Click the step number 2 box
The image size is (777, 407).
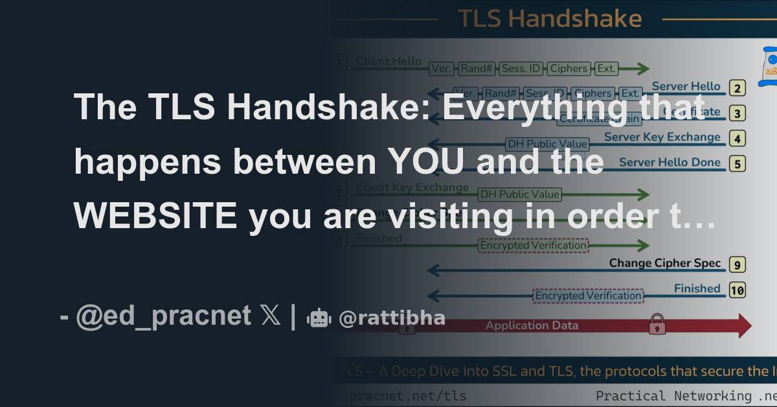737,89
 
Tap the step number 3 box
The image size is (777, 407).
737,113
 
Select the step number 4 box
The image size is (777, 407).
737,138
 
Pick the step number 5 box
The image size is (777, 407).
737,163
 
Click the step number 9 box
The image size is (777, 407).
737,264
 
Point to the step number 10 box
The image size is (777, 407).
737,290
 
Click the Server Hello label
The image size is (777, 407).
686,86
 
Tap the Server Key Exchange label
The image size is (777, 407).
662,137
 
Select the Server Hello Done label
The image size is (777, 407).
670,162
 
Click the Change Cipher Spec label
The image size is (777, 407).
664,263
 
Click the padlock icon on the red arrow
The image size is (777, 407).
657,323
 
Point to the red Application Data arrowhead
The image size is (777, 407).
741,326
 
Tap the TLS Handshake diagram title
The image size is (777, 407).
550,18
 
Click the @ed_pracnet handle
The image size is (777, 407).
163,316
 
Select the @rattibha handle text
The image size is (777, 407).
392,318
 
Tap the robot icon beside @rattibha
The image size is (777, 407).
319,318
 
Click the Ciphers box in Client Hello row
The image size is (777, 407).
569,68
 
